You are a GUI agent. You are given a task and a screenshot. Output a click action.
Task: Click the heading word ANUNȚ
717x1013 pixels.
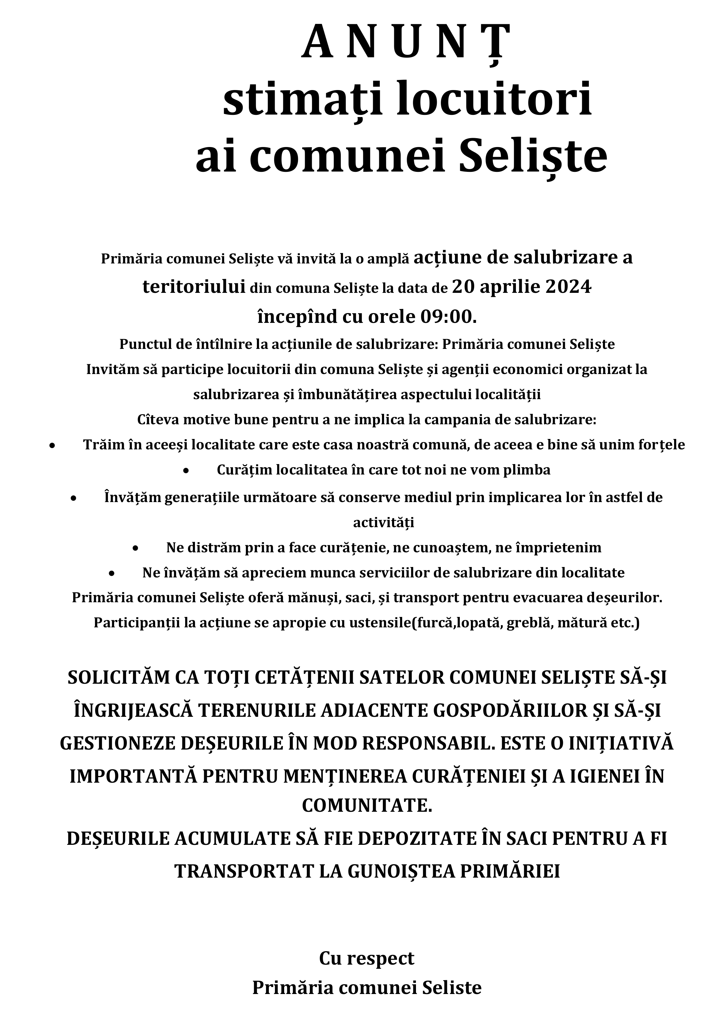click(x=406, y=43)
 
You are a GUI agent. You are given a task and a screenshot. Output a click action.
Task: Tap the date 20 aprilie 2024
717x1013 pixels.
click(x=521, y=288)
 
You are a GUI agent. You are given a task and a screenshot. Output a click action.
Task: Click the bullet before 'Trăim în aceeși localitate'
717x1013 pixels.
click(x=52, y=446)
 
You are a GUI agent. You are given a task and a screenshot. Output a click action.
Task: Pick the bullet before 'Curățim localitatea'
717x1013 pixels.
click(x=186, y=471)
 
